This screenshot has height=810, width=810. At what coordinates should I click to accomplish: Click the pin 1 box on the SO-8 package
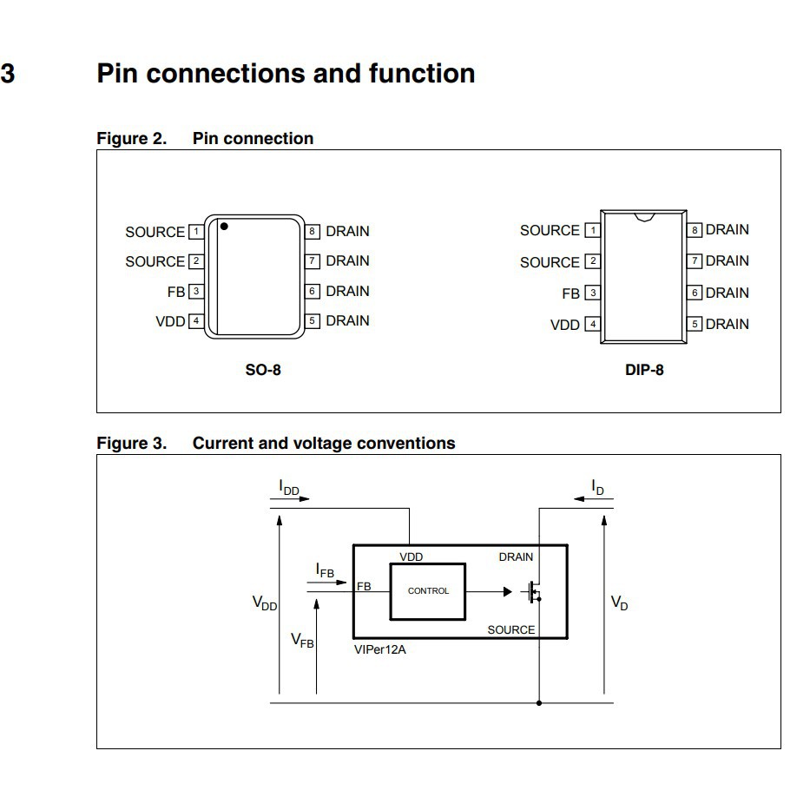click(196, 232)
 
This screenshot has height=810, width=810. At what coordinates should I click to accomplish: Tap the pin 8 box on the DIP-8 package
click(695, 230)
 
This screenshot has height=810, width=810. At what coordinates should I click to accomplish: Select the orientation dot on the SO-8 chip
click(224, 227)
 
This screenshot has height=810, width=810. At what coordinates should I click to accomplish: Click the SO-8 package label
click(263, 370)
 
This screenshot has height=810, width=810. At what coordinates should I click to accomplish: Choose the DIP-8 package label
click(644, 370)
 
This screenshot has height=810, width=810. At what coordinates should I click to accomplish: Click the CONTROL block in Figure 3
click(428, 591)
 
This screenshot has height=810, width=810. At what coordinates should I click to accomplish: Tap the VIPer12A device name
click(379, 649)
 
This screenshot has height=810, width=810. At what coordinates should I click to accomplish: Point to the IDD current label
click(289, 488)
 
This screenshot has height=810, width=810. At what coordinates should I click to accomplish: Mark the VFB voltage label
click(302, 641)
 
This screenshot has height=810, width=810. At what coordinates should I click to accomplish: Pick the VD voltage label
click(619, 603)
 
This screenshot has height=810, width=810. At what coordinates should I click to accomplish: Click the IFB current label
click(325, 570)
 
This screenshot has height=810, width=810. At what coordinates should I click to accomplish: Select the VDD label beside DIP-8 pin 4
click(565, 326)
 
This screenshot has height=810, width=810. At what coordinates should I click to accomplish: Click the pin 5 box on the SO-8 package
click(313, 321)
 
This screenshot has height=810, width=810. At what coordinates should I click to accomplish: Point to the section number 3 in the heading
click(8, 74)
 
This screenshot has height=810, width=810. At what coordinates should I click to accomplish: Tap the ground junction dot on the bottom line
click(539, 702)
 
